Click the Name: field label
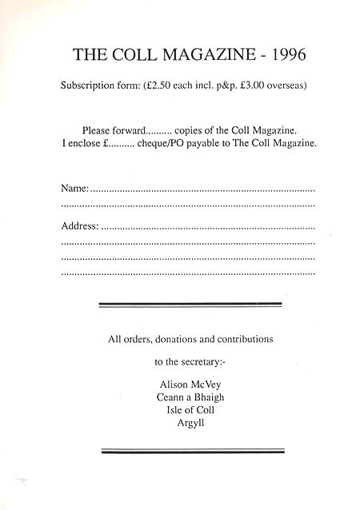pos(74,189)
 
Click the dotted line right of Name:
pos(202,191)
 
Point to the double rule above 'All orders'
pos(190,305)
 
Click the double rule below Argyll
pos(193,452)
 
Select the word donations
pos(182,339)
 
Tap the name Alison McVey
pos(190,384)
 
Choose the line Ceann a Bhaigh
pos(190,397)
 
